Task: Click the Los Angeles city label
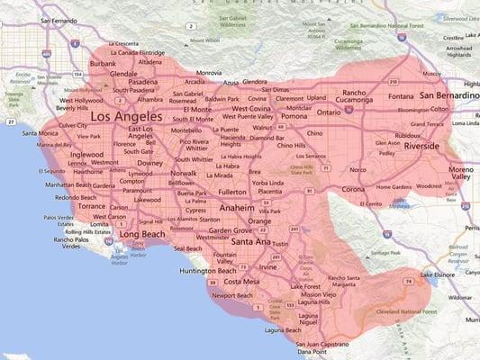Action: [126, 116]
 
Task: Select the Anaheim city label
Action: [237, 208]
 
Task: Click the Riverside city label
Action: [421, 145]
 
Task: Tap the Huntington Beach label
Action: [208, 270]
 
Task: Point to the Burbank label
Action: [103, 64]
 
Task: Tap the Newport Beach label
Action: [232, 295]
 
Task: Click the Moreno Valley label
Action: [459, 173]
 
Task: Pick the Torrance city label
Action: [91, 205]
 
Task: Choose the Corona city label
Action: [354, 190]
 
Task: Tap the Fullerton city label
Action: [231, 192]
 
